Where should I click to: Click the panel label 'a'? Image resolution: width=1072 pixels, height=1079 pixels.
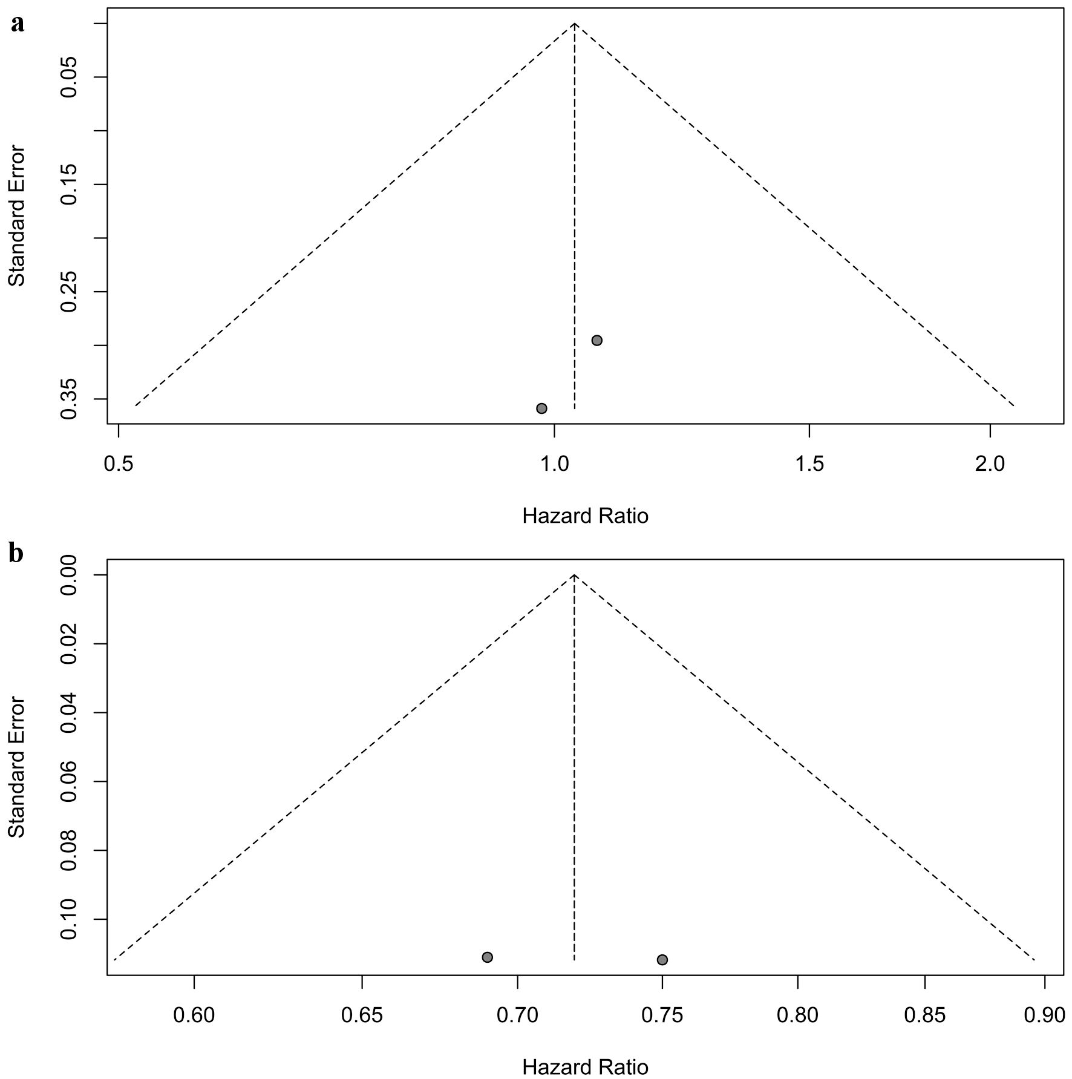pos(18,24)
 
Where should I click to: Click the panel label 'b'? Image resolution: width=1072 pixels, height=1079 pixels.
pos(16,553)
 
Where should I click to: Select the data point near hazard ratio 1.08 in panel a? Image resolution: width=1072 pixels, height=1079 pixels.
pos(596,340)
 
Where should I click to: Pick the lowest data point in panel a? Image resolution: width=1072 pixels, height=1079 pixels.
pos(541,408)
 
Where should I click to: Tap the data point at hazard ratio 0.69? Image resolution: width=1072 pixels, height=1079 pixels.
pos(488,957)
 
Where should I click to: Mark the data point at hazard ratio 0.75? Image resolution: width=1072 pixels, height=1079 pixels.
pos(662,960)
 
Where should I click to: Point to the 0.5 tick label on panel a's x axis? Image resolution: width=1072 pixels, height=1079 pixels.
pos(119,464)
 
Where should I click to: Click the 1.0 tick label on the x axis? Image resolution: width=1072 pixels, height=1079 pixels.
pos(554,464)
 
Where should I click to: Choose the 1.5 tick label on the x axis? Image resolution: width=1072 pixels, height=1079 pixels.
pos(809,464)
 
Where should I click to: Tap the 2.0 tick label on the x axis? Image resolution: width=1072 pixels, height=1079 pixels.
pos(990,464)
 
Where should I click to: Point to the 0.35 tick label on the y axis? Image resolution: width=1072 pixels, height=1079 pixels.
pos(69,399)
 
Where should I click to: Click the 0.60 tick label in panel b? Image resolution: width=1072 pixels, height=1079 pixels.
pos(194,1015)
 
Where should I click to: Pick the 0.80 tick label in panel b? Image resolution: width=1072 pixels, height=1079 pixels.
pos(798,1015)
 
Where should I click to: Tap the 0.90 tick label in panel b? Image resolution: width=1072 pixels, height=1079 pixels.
pos(1045,1015)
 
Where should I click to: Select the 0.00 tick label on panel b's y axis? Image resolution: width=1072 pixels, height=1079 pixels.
pos(69,575)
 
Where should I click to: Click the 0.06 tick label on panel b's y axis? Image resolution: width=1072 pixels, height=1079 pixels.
pos(69,782)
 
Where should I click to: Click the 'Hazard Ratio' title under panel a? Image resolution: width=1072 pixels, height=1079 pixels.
pos(585,516)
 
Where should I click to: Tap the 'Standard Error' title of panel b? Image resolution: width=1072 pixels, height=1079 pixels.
pos(17,767)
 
